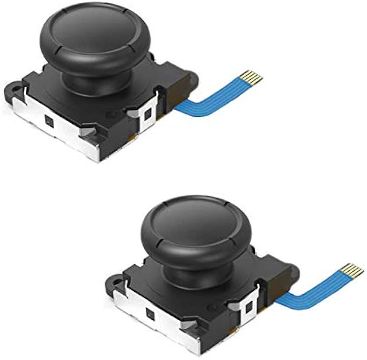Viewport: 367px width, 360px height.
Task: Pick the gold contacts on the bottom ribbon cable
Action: tap(352, 270)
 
